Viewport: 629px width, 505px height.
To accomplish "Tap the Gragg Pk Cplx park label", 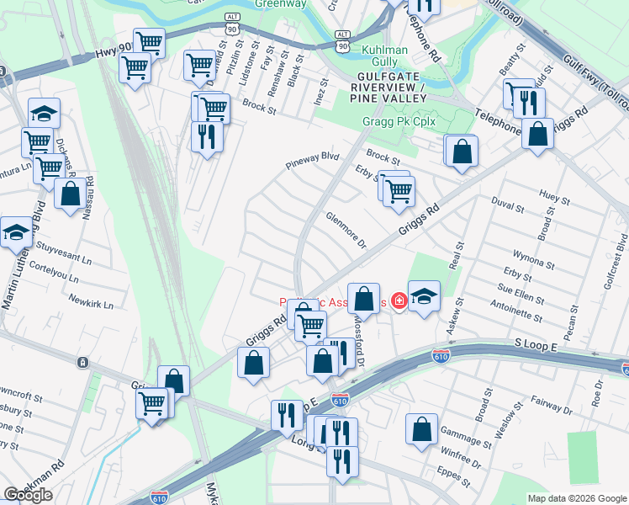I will point(399,121).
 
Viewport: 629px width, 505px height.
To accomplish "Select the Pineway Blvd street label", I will point(311,162).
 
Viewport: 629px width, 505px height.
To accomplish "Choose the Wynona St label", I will point(534,257).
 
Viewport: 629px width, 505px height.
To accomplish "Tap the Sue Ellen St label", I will point(520,296).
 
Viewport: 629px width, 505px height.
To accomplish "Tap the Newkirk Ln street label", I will point(90,300).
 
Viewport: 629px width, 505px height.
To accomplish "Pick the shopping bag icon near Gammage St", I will point(421,429).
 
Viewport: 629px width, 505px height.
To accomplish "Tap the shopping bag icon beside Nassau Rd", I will point(71,194).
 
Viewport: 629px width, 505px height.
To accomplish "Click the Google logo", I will point(28,495).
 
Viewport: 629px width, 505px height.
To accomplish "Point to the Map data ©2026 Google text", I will point(576,498).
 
